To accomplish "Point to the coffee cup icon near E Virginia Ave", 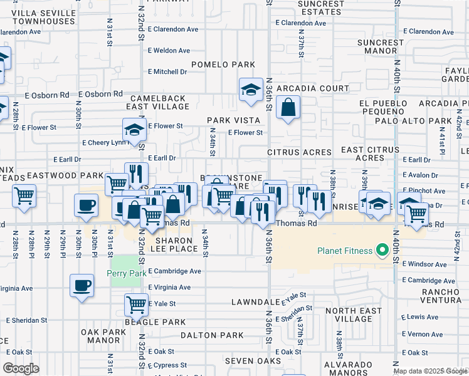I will coord(82,285).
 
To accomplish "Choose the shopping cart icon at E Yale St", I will coord(136,305).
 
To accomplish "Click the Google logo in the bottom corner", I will coord(21,368).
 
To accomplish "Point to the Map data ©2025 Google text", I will coord(430,371).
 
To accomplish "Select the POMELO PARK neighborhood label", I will coord(223,65).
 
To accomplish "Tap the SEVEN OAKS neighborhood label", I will coord(253,361).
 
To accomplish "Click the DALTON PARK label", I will coord(212,335).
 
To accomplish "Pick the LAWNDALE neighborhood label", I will coord(254,301).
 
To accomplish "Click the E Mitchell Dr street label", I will coord(167,72).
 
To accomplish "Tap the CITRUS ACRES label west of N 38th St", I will coord(299,152).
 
